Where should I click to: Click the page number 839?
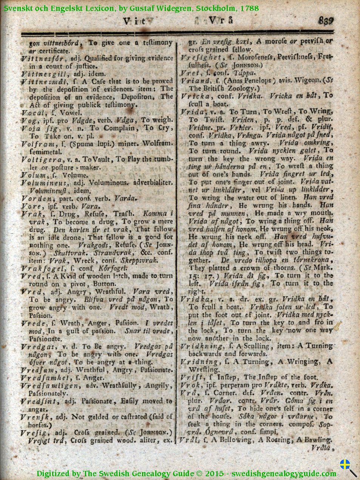tap(326, 21)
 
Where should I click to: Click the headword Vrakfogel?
tap(40, 268)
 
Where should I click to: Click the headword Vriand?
tap(195, 80)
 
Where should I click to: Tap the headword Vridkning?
tap(201, 346)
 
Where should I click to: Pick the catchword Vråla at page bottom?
tap(321, 448)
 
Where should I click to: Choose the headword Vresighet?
tap(201, 57)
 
